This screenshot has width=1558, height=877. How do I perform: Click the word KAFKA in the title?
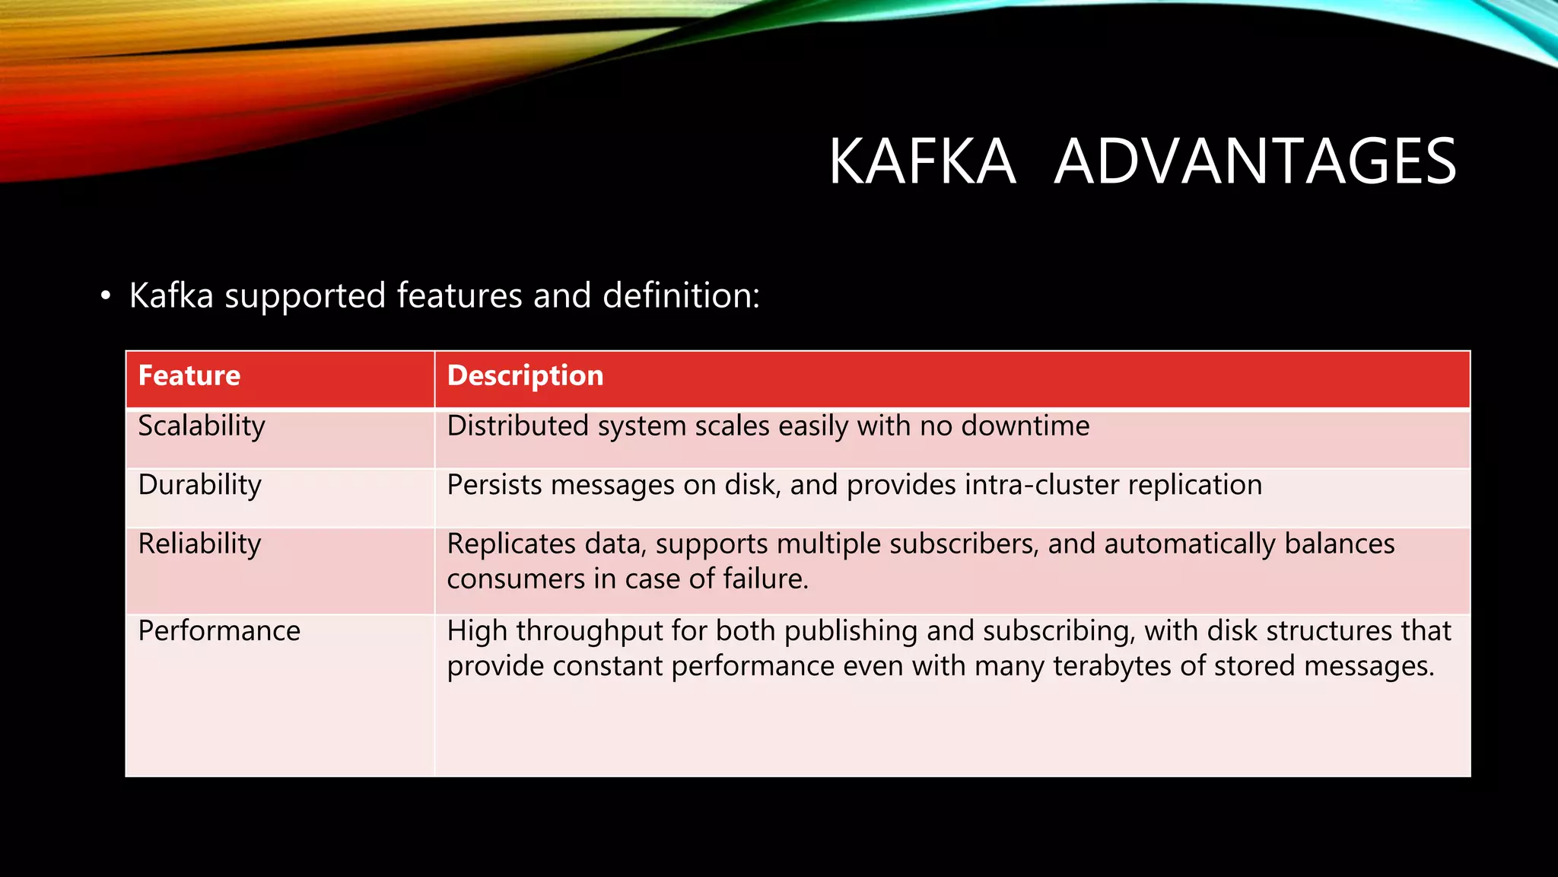[922, 161]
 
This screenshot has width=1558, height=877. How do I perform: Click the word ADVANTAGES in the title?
[1255, 161]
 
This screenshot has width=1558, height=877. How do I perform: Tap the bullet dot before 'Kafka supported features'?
[106, 296]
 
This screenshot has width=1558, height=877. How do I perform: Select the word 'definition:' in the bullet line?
[681, 295]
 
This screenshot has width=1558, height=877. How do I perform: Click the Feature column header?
[189, 376]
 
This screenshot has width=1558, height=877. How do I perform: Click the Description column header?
[525, 376]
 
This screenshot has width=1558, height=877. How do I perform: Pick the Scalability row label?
[202, 426]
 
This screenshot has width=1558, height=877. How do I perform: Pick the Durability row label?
[200, 485]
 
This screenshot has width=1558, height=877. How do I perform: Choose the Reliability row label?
[199, 544]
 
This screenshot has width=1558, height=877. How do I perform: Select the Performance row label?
[219, 631]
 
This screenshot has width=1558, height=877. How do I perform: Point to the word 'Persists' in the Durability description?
[494, 485]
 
